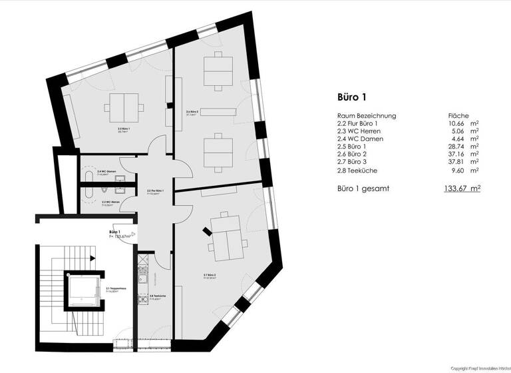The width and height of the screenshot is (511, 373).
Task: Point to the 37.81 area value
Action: click(457, 161)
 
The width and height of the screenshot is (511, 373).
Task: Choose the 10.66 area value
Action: click(457, 123)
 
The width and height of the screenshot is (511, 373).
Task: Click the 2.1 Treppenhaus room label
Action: click(115, 289)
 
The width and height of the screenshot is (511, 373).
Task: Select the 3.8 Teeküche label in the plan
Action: click(158, 298)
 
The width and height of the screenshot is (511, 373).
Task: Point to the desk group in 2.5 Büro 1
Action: click(123, 106)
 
